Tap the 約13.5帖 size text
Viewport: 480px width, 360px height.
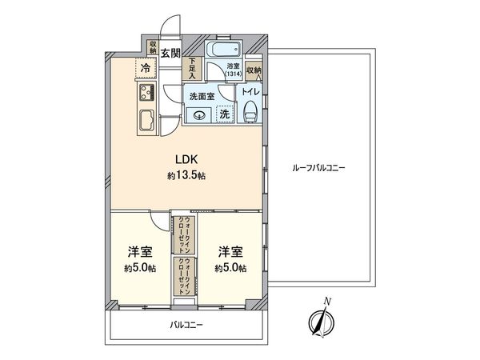[186, 175]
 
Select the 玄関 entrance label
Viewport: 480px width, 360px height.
[169, 54]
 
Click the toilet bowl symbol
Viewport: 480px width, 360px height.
[250, 113]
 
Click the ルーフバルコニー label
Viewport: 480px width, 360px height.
[319, 169]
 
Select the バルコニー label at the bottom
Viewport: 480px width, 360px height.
[185, 326]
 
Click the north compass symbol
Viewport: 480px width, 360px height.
[321, 322]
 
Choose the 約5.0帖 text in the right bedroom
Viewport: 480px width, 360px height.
[230, 267]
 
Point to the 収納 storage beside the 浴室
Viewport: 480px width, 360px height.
[254, 71]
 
